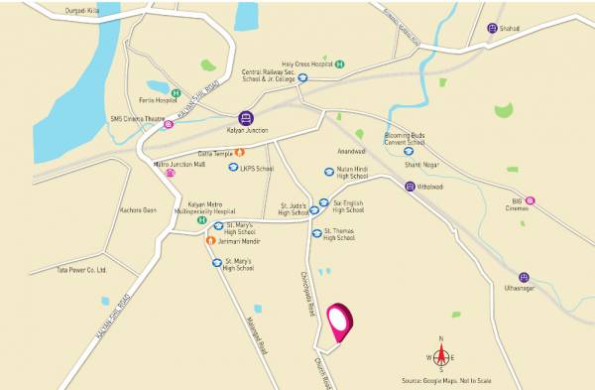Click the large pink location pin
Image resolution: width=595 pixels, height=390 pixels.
click(342, 319)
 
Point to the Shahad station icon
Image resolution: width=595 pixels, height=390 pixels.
click(493, 28)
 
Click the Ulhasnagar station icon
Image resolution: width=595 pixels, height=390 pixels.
click(524, 278)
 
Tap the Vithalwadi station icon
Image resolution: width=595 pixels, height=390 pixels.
click(410, 186)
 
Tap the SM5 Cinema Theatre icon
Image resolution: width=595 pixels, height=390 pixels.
click(169, 124)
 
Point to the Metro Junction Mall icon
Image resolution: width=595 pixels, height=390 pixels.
click(171, 173)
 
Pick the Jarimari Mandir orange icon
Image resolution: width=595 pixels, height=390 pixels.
click(210, 240)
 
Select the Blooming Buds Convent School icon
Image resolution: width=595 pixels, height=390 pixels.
click(408, 151)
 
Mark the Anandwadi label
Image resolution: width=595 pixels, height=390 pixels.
click(351, 152)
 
